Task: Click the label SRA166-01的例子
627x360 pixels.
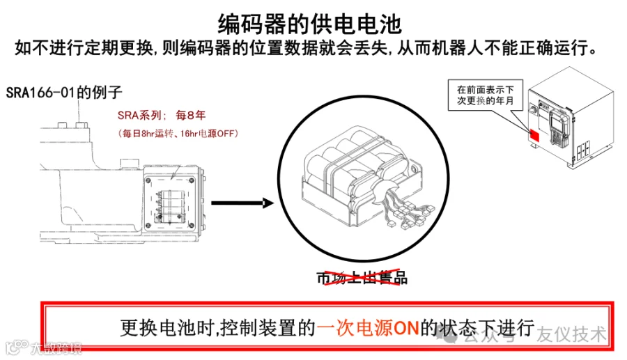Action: pyautogui.click(x=64, y=91)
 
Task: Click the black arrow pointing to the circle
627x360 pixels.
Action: pyautogui.click(x=240, y=203)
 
